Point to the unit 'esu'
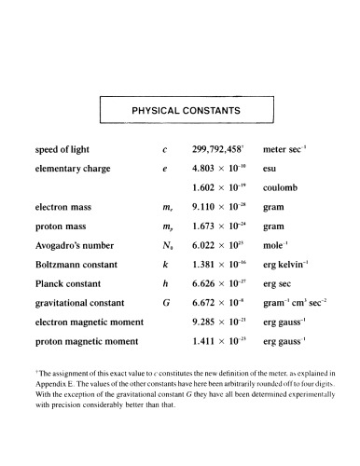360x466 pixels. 271,169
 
